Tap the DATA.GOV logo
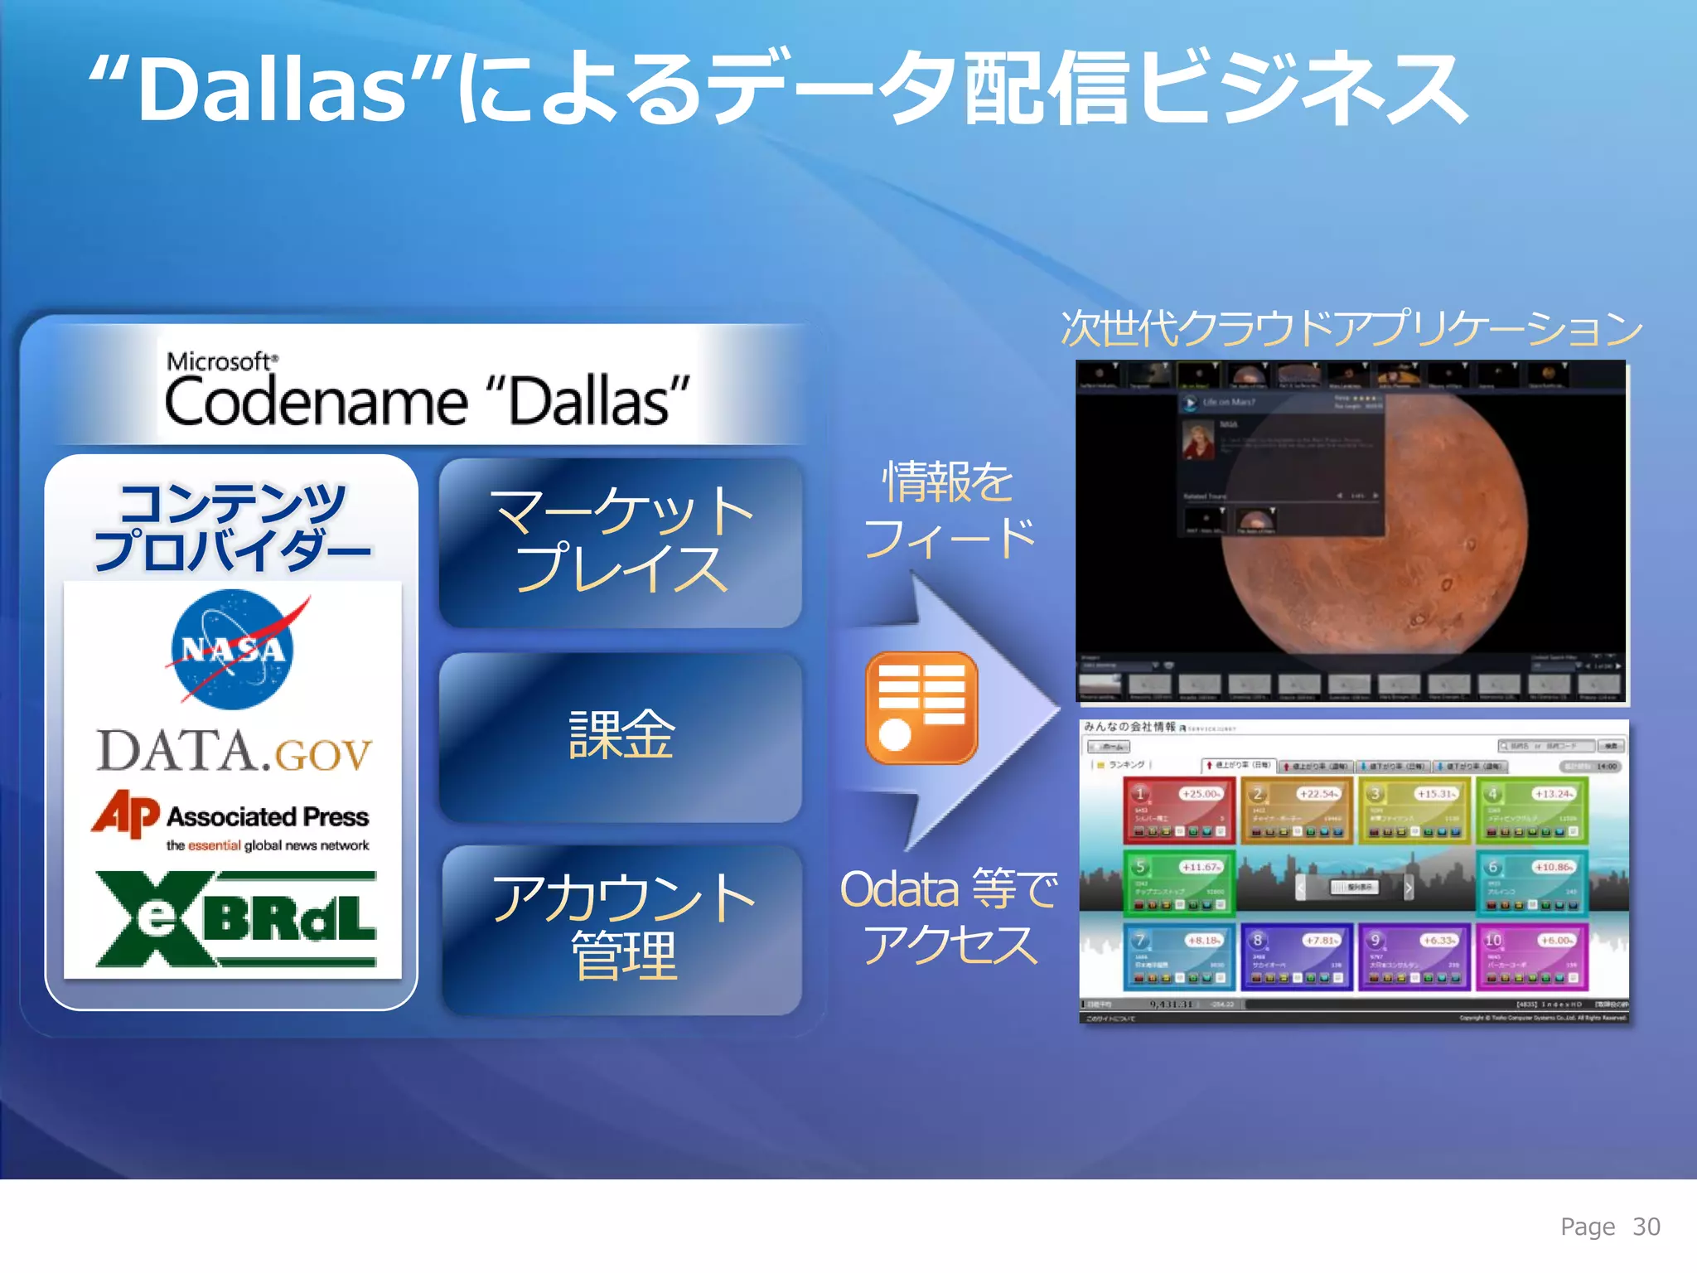[x=234, y=751]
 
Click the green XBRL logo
[x=235, y=918]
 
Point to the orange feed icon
[x=921, y=707]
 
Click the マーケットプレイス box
[x=621, y=541]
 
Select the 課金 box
[x=621, y=736]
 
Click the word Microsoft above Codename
[x=219, y=361]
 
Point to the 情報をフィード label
[x=949, y=509]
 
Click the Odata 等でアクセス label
[x=949, y=917]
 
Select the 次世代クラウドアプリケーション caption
[x=1351, y=328]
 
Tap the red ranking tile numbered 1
[x=1178, y=810]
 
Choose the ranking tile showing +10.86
[x=1531, y=883]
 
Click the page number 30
[x=1646, y=1227]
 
